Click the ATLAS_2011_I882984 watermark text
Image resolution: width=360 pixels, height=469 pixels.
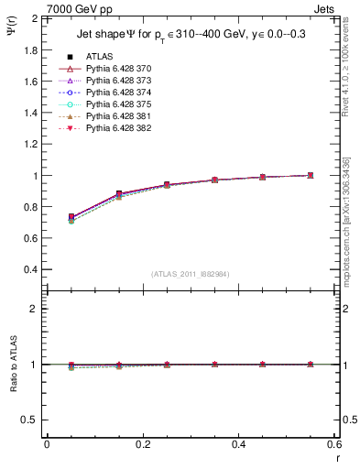(190, 273)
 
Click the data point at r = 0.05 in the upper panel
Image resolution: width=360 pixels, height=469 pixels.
(71, 217)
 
